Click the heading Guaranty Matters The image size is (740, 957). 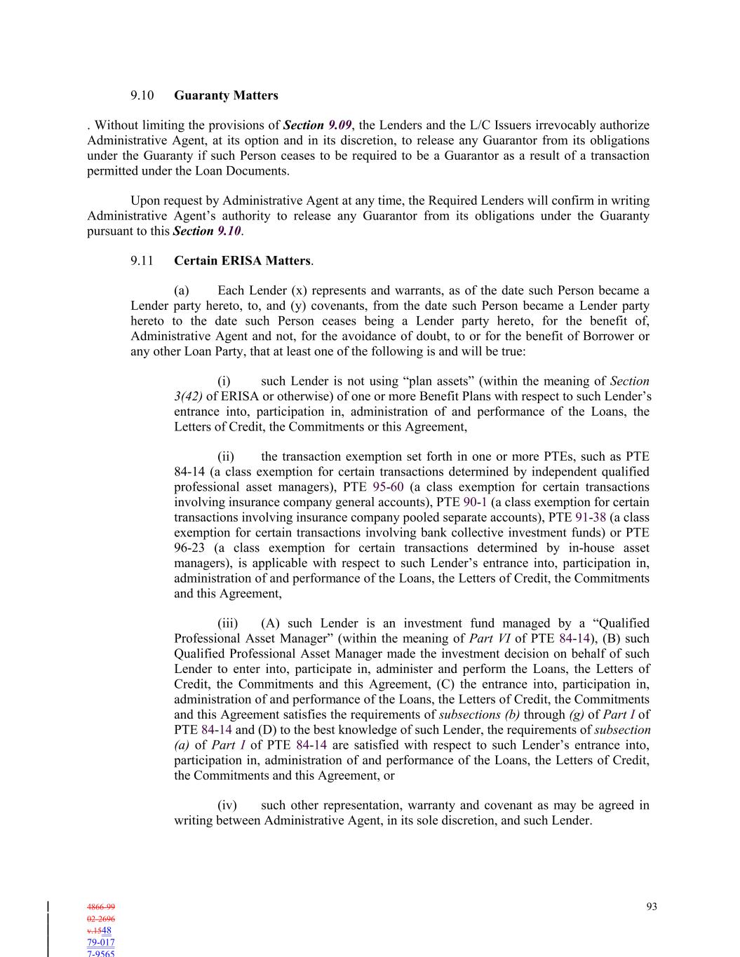click(x=226, y=95)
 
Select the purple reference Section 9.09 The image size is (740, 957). click(x=317, y=125)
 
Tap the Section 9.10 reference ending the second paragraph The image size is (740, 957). click(x=208, y=231)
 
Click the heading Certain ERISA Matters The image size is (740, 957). click(x=242, y=261)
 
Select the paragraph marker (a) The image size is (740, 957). click(x=182, y=291)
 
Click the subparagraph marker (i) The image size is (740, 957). click(x=224, y=381)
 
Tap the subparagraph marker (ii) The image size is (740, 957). click(x=226, y=457)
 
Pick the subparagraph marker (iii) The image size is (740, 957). click(x=227, y=623)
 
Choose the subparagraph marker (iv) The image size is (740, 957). click(x=227, y=806)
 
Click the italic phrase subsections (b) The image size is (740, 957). click(x=479, y=715)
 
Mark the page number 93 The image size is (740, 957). click(x=652, y=907)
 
